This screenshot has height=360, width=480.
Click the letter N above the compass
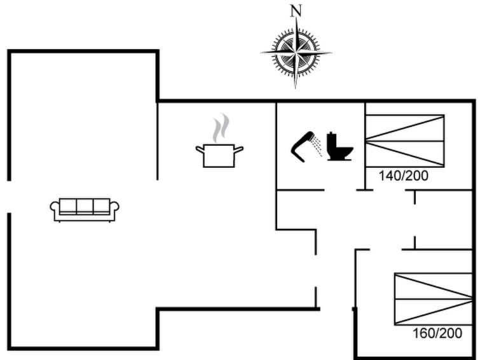[x=296, y=10]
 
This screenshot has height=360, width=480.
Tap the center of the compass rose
[x=296, y=52]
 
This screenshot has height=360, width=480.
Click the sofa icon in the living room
[x=85, y=209]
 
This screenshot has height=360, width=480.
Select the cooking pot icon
[x=219, y=155]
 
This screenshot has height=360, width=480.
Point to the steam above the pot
[x=220, y=127]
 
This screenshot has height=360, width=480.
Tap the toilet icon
[x=339, y=146]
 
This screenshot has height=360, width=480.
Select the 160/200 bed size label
[x=437, y=333]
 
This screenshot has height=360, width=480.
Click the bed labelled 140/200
[x=404, y=141]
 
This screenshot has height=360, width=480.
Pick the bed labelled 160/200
[x=432, y=298]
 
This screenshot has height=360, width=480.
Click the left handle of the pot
[x=200, y=149]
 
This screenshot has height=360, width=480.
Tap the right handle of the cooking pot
[x=239, y=149]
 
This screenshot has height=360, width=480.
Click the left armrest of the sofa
[x=55, y=207]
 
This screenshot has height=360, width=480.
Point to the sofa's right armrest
[x=114, y=207]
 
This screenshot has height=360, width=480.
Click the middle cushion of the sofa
[x=85, y=206]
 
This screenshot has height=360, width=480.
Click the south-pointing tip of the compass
[x=296, y=87]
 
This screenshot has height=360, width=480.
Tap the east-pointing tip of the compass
[x=331, y=52]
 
